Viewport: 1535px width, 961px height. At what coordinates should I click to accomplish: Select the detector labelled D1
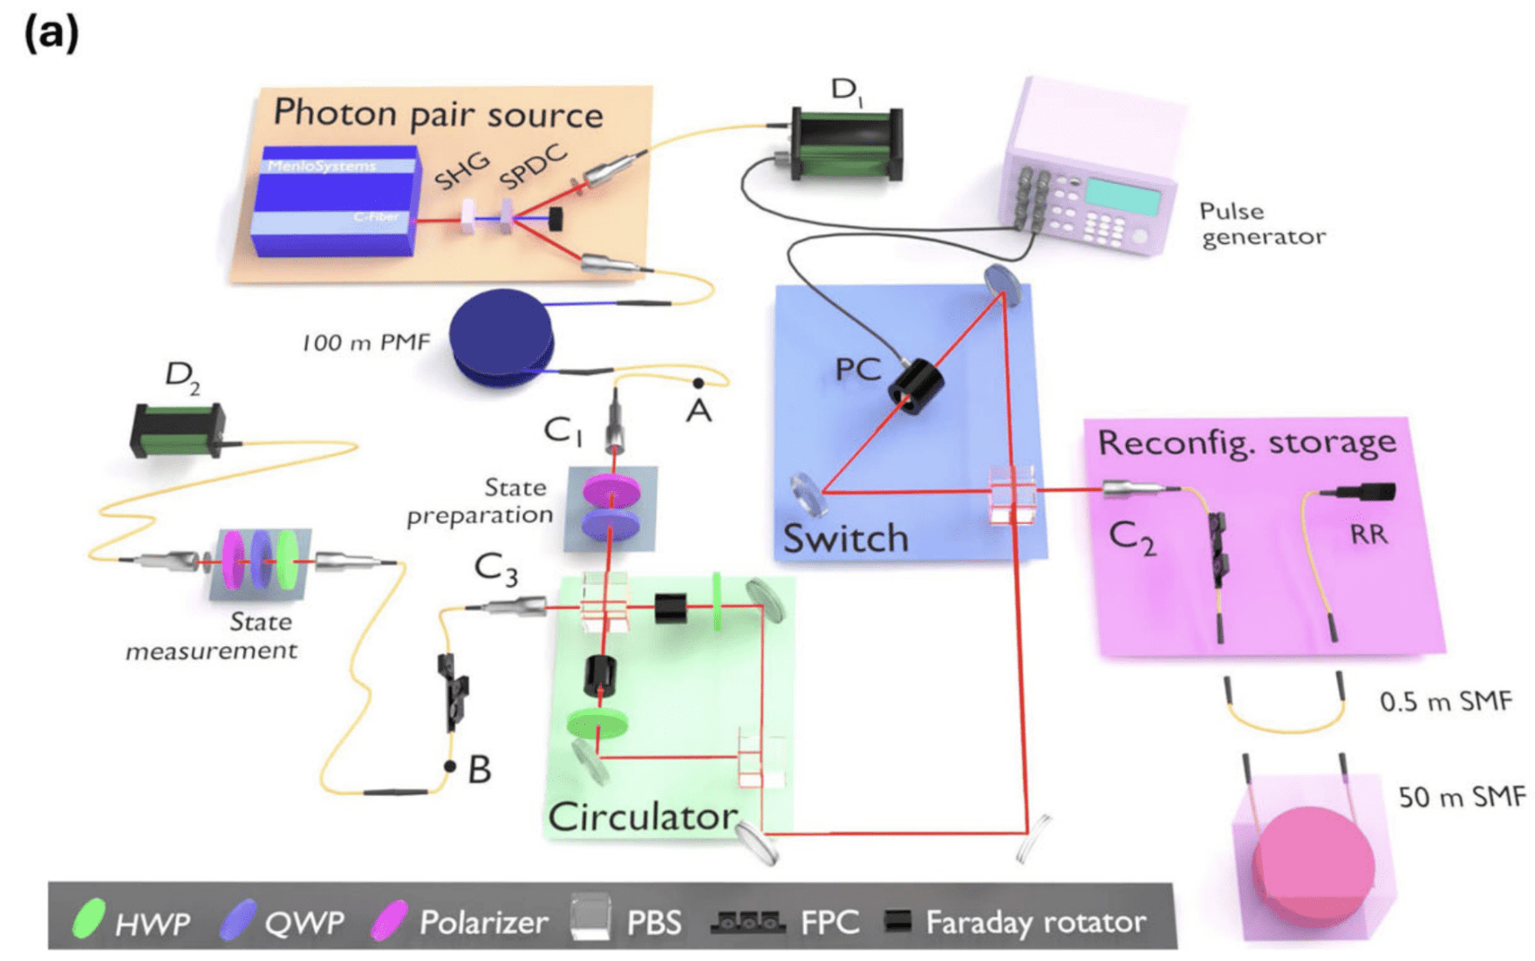[x=846, y=144]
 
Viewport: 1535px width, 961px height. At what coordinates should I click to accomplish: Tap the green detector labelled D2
[x=177, y=429]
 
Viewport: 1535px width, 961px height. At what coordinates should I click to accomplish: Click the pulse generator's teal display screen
[x=1122, y=197]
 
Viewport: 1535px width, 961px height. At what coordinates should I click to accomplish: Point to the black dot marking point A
[x=698, y=383]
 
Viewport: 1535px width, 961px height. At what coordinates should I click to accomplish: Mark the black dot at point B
[x=450, y=767]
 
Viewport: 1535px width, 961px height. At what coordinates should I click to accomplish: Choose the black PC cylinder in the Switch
[x=915, y=386]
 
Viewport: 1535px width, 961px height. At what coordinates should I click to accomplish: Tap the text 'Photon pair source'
[x=438, y=113]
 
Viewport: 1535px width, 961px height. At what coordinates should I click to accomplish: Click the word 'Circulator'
[x=643, y=816]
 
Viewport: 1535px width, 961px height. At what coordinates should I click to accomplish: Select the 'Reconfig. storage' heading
[x=1246, y=441]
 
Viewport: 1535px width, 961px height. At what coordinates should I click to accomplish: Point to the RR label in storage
[x=1368, y=534]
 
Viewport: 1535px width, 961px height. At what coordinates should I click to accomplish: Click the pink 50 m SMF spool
[x=1313, y=863]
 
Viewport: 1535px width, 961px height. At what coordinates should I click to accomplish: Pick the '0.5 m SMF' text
[x=1445, y=701]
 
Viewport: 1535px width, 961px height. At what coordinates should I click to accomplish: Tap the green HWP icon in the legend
[x=88, y=919]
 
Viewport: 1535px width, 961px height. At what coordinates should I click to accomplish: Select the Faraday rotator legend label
[x=1035, y=922]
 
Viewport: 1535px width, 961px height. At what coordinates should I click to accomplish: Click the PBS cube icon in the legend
[x=590, y=918]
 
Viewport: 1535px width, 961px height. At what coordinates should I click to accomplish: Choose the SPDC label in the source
[x=533, y=167]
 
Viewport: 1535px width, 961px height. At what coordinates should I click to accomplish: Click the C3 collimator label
[x=495, y=569]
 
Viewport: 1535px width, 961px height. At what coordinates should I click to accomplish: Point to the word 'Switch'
[x=845, y=538]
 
